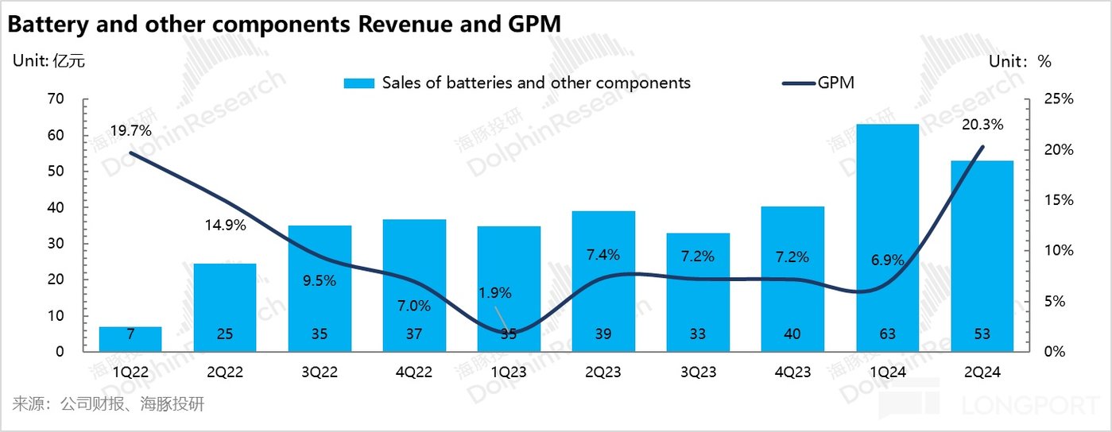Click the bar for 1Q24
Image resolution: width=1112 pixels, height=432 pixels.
click(887, 237)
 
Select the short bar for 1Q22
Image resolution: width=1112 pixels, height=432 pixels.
click(130, 339)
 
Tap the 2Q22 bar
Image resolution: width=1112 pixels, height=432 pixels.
click(225, 307)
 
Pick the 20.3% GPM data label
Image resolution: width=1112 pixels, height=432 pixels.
click(982, 125)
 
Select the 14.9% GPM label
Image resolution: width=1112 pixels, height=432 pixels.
click(224, 225)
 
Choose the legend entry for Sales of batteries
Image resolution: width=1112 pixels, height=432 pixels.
click(517, 83)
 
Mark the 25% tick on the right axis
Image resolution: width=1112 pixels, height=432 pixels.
click(1059, 99)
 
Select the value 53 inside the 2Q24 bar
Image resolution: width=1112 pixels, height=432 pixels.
click(982, 334)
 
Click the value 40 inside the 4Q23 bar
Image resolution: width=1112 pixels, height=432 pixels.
click(792, 334)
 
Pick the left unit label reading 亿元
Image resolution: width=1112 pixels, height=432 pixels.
click(68, 61)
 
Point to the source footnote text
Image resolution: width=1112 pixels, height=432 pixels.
click(109, 404)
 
